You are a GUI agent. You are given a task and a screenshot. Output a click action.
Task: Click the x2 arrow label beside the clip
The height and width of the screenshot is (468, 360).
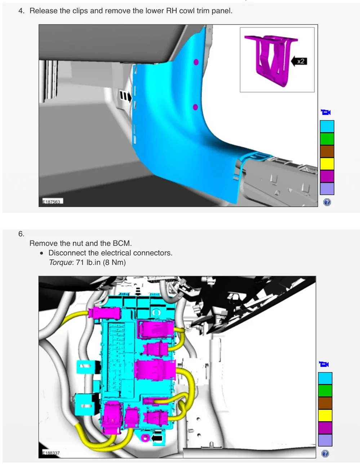click(x=299, y=62)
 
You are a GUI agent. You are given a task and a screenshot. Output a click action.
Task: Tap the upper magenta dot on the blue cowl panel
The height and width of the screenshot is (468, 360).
click(x=196, y=62)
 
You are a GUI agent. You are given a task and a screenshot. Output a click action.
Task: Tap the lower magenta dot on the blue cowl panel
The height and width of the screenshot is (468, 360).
click(x=195, y=107)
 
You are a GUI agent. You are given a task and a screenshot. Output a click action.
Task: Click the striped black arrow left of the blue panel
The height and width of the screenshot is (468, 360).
click(x=125, y=96)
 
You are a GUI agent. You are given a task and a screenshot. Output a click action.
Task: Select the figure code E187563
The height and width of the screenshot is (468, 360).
click(x=52, y=202)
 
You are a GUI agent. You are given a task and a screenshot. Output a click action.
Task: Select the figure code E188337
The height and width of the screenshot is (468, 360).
click(x=51, y=453)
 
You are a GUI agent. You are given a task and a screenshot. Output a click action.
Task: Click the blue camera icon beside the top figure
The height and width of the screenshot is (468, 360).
click(x=326, y=112)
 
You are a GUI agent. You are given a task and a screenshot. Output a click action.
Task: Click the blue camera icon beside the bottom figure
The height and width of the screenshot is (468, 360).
click(x=324, y=364)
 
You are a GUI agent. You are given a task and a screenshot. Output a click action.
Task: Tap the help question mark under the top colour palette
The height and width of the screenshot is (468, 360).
click(x=327, y=202)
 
